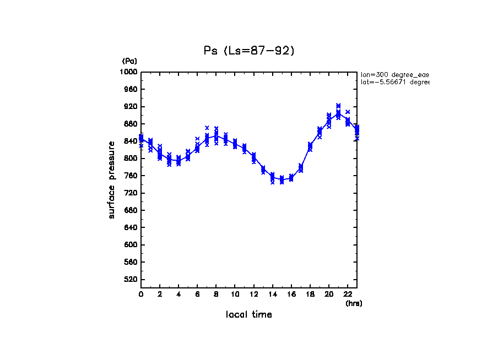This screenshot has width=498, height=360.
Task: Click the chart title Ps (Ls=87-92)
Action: (249, 51)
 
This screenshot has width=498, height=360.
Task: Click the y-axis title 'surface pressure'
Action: (112, 179)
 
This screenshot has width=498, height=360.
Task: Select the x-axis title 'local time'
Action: (249, 315)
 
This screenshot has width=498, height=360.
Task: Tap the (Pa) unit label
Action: (129, 61)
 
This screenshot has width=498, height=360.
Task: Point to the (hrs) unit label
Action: (354, 303)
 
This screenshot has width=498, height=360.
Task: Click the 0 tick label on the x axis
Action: (141, 294)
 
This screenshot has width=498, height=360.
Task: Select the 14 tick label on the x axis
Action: (272, 294)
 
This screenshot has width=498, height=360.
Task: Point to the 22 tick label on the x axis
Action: (348, 294)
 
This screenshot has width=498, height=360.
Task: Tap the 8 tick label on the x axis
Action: (216, 294)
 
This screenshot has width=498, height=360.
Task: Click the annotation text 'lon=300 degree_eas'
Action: (394, 74)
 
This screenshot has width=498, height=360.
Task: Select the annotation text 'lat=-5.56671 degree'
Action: (394, 82)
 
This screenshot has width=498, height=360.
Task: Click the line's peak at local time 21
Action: (338, 114)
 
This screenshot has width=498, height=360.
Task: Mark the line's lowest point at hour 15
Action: (282, 179)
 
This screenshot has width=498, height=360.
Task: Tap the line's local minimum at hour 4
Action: (178, 161)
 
